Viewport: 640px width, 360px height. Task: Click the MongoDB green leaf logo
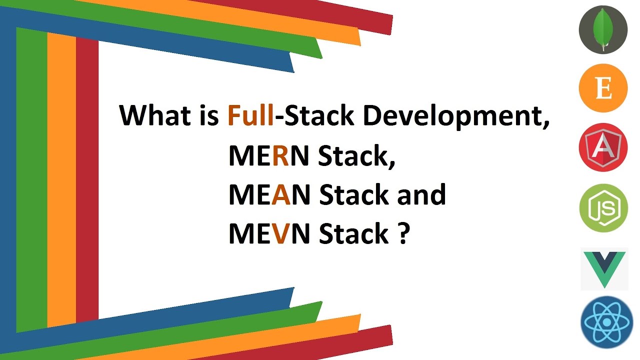pyautogui.click(x=603, y=29)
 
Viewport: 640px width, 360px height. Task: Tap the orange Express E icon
pyautogui.click(x=603, y=88)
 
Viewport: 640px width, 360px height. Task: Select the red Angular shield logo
pyautogui.click(x=603, y=147)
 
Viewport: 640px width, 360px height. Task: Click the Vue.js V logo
pyautogui.click(x=604, y=268)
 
